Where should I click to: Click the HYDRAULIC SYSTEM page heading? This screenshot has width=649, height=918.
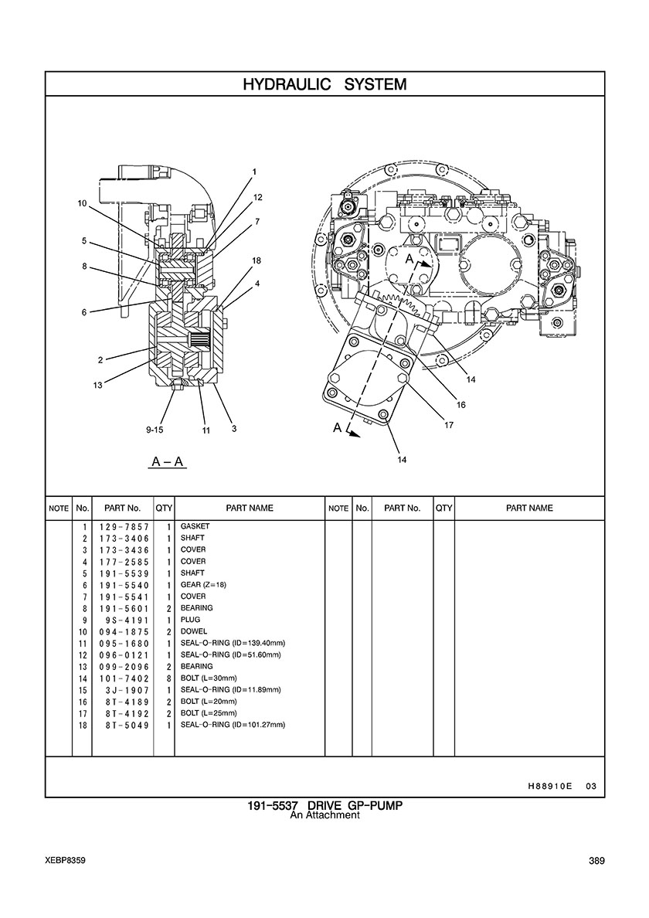324,84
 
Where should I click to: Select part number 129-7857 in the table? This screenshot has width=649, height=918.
124,527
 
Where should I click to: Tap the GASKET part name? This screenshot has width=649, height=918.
195,526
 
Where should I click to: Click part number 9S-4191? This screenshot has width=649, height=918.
129,620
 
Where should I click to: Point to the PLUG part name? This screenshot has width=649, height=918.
190,620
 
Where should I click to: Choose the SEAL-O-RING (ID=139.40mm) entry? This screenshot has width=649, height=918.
233,643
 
